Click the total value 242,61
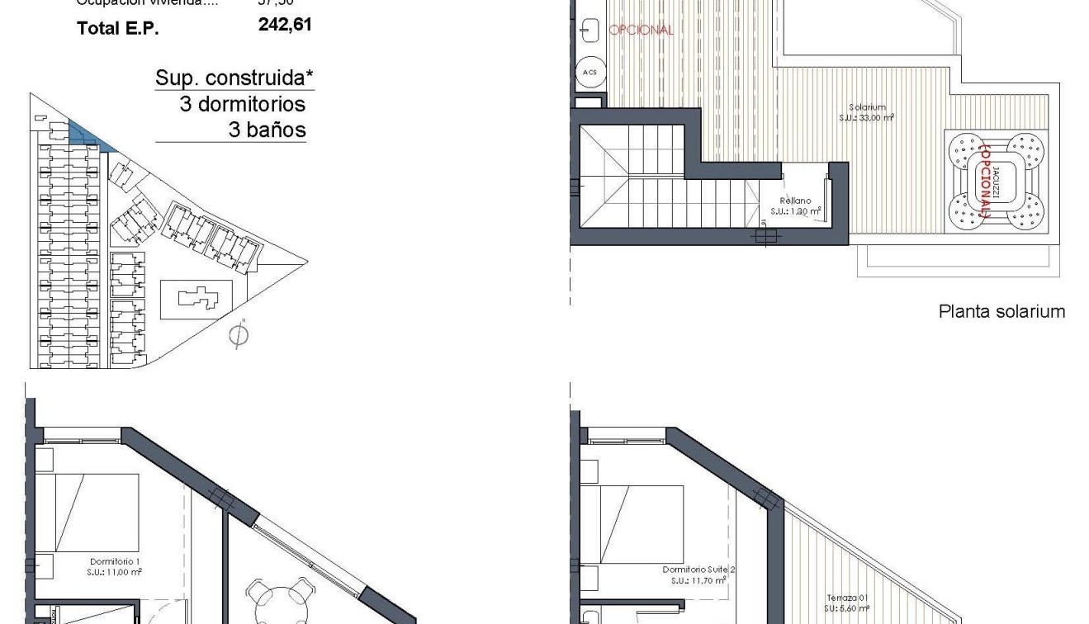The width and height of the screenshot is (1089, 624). coord(285,25)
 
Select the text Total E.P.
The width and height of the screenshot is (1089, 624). coord(117,28)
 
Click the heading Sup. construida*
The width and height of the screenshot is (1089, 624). coord(234,78)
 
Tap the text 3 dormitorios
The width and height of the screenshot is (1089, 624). coord(242,104)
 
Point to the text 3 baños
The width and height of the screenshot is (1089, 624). coord(266,130)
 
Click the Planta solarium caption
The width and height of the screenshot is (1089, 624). coord(1001,311)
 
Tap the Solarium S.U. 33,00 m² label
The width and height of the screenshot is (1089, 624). coord(867,112)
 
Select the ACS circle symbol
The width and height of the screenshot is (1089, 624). coord(589,72)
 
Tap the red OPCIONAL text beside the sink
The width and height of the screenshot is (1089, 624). coord(641,30)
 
